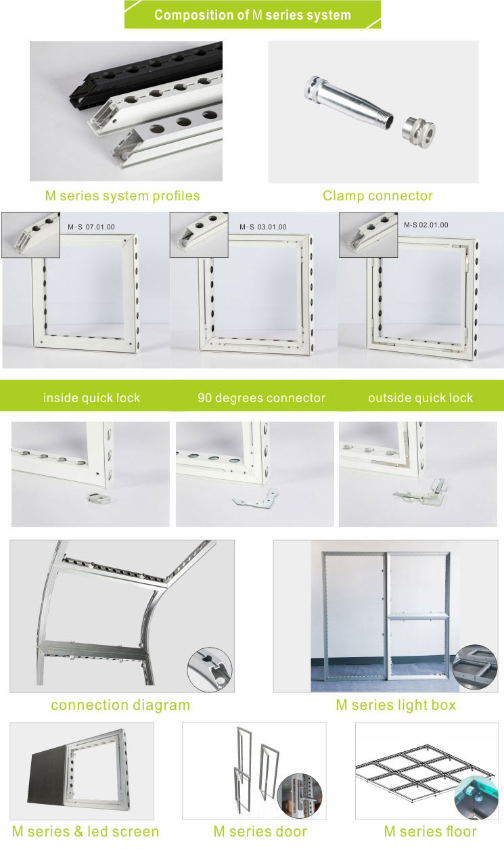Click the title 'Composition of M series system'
252,15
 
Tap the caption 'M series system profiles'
122,196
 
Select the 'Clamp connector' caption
377,196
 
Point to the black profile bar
149,74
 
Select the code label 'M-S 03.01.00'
262,227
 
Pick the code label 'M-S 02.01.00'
426,225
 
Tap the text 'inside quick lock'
91,398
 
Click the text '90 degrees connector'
261,398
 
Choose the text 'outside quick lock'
421,398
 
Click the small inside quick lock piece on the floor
97,498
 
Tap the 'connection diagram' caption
120,705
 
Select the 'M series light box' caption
396,705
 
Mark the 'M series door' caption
260,832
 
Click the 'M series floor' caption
430,832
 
